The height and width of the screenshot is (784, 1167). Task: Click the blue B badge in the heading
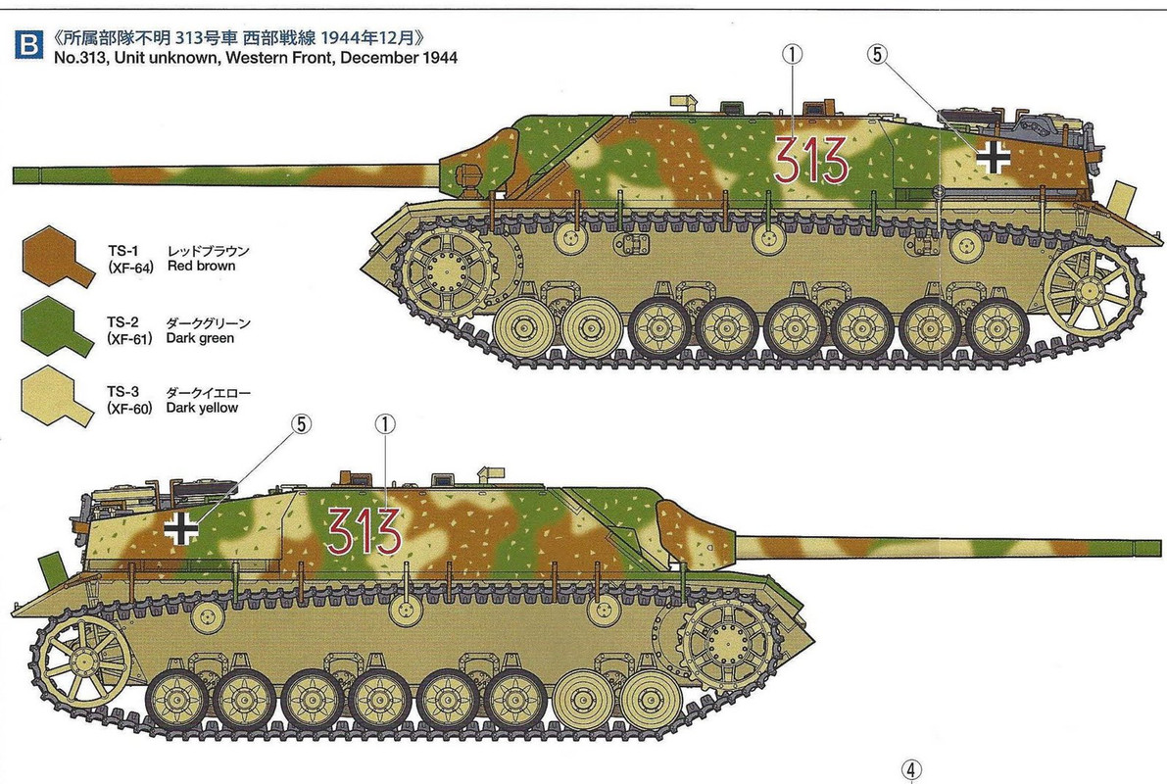pyautogui.click(x=28, y=44)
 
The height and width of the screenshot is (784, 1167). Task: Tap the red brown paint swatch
pyautogui.click(x=58, y=257)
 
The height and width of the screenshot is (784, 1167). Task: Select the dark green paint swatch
pyautogui.click(x=58, y=327)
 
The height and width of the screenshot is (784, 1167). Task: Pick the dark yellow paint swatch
pyautogui.click(x=58, y=396)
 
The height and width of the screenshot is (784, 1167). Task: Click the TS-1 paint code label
pyautogui.click(x=122, y=251)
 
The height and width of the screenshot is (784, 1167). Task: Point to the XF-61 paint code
pyautogui.click(x=129, y=339)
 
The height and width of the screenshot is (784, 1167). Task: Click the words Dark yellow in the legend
pyautogui.click(x=202, y=408)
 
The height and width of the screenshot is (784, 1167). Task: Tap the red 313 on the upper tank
pyautogui.click(x=810, y=160)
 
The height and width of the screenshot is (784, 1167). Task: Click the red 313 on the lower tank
pyautogui.click(x=364, y=530)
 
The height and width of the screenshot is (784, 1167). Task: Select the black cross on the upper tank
pyautogui.click(x=993, y=157)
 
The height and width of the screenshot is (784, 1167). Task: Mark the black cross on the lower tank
pyautogui.click(x=181, y=528)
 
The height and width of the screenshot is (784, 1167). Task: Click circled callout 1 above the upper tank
pyautogui.click(x=793, y=54)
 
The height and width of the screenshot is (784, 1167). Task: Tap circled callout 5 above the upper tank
pyautogui.click(x=878, y=54)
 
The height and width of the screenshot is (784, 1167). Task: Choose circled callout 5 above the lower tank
pyautogui.click(x=300, y=424)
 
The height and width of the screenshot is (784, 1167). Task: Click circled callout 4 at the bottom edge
pyautogui.click(x=911, y=770)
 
